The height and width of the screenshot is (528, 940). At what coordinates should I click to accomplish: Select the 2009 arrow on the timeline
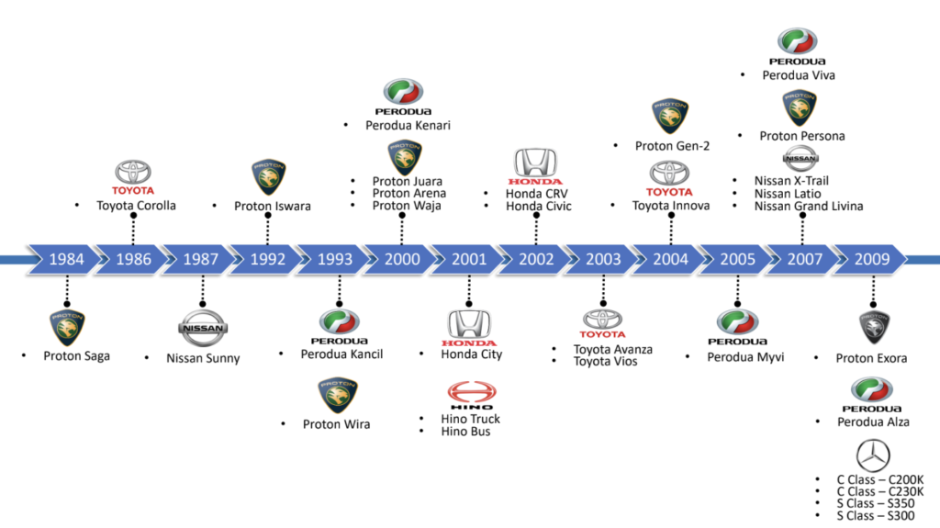point(871,259)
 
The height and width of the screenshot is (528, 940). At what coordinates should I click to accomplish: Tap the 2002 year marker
point(536,259)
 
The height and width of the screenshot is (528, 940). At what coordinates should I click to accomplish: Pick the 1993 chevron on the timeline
point(335,259)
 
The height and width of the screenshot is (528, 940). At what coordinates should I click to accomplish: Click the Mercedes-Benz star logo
point(872,456)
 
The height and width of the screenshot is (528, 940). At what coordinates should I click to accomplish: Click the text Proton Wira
point(336,424)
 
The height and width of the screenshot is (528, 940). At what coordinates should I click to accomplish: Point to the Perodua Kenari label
point(408,125)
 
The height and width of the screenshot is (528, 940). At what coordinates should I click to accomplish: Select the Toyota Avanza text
point(613,349)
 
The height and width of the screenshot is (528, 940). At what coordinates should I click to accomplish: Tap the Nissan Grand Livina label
point(809,207)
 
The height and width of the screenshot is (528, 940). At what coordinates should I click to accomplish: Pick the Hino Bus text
point(466,432)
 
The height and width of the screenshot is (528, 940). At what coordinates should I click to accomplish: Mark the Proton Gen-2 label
point(672,146)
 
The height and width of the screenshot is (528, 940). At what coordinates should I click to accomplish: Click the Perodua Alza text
point(873,421)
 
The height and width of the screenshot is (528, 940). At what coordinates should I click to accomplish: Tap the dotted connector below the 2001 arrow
point(469,290)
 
